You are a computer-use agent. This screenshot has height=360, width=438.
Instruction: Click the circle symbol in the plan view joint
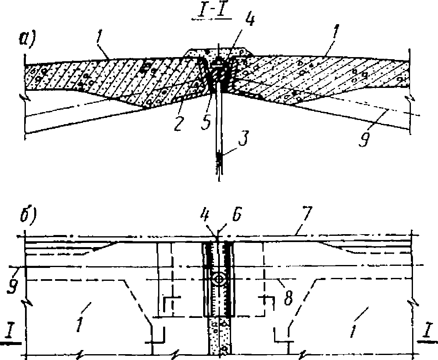[218, 279]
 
